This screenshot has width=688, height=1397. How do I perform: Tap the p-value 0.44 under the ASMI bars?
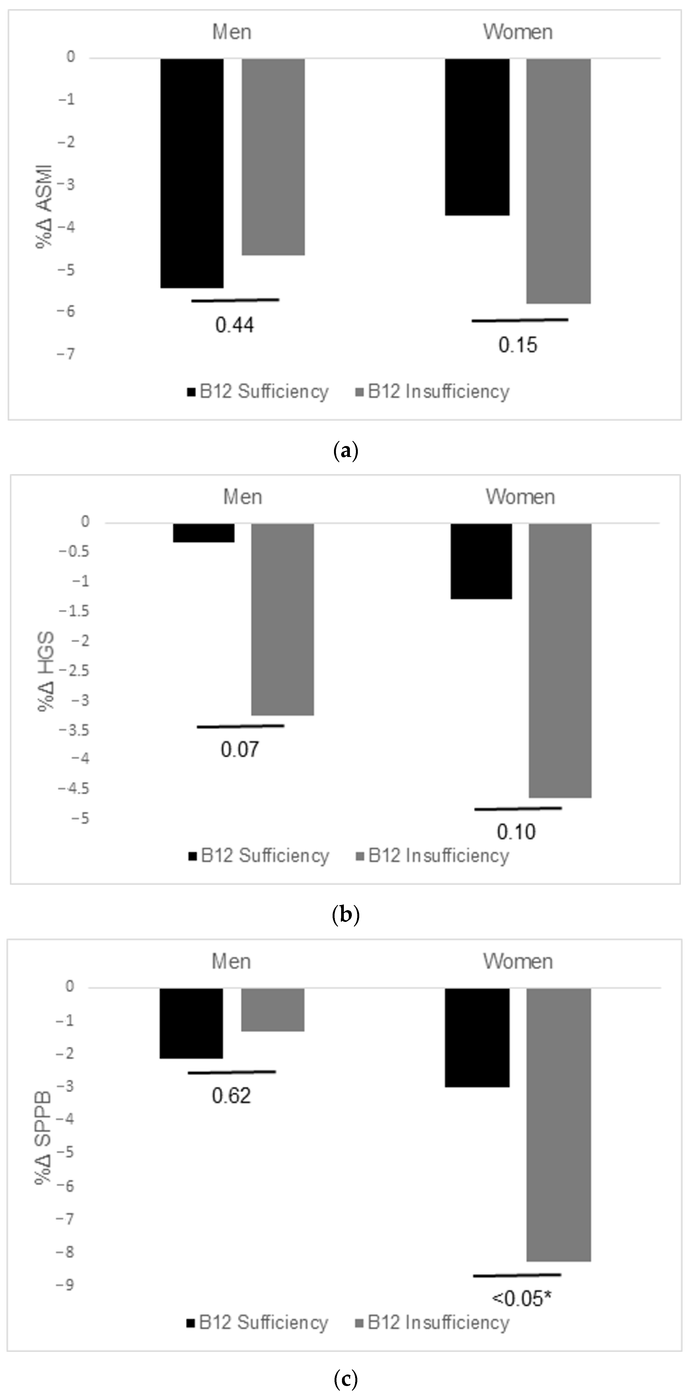[234, 325]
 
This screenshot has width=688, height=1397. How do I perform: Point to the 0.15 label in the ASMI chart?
[518, 345]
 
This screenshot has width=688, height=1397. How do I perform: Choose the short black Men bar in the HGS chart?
[203, 533]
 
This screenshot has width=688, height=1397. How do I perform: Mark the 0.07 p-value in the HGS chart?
[239, 749]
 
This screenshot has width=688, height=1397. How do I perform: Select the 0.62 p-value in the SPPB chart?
[231, 1095]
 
